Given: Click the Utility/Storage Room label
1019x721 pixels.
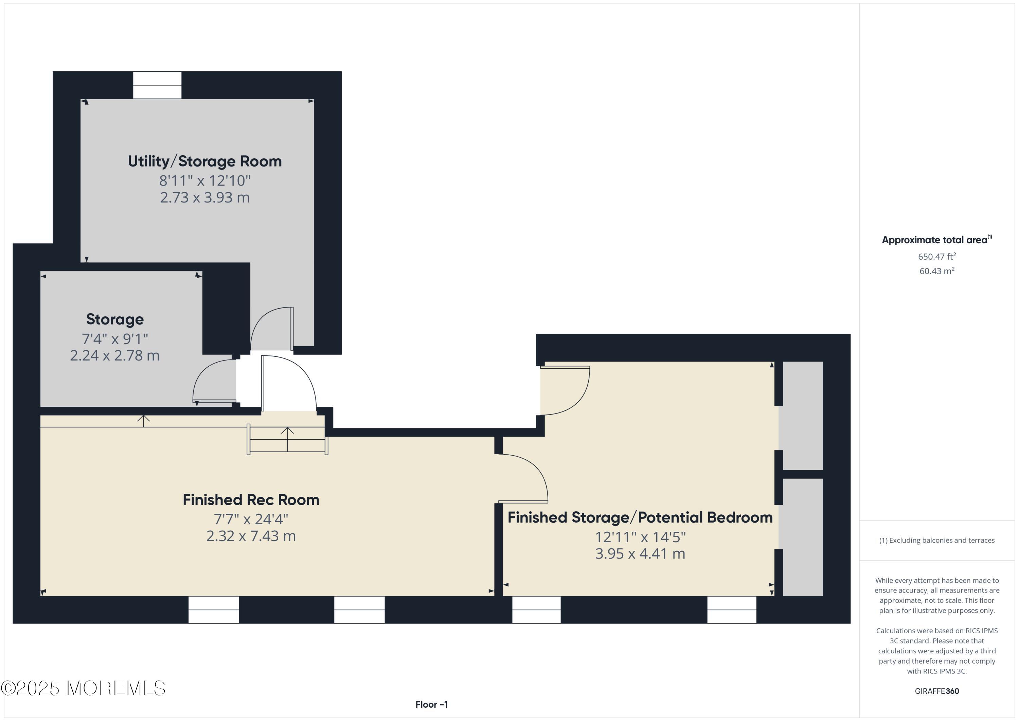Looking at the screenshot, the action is coord(204,161).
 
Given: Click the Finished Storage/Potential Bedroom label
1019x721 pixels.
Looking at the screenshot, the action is coord(640,518).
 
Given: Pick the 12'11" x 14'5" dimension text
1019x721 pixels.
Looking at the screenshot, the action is coord(640,537).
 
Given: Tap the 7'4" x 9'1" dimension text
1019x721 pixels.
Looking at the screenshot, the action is coord(115,339).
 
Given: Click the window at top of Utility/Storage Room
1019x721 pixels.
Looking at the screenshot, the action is coord(158,85).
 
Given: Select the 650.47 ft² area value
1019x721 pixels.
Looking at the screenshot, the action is coord(937,256).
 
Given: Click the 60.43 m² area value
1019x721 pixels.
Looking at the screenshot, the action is coord(937,271).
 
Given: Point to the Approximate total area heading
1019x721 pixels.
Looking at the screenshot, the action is coord(937,240).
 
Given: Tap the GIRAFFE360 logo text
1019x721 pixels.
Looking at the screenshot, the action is coord(937,691).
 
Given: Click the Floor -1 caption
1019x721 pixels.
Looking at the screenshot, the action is coord(432,705).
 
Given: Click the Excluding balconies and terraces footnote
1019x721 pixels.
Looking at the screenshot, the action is coord(937,540).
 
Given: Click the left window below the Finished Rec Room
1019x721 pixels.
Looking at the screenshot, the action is coord(213,610).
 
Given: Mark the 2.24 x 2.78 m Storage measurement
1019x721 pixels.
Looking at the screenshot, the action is coord(115,356).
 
